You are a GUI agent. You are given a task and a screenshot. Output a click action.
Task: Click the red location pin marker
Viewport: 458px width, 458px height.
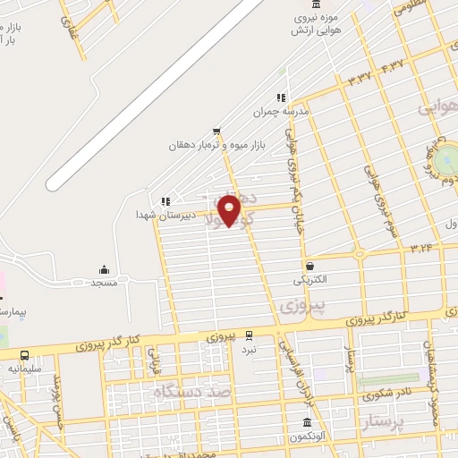tap(230, 210)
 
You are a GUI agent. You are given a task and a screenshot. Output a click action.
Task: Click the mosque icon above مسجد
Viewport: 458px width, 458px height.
tap(104, 269)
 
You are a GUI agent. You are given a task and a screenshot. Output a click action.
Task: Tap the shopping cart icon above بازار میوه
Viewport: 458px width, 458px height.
tap(216, 131)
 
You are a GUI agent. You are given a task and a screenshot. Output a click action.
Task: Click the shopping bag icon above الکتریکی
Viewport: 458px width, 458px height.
tap(310, 266)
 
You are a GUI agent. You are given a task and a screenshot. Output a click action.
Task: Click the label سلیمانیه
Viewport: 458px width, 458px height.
tap(26, 368)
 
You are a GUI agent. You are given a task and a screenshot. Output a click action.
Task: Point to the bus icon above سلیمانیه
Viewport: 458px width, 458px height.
tap(24, 355)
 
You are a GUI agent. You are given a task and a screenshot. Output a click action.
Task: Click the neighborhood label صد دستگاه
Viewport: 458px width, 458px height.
tap(192, 392)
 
